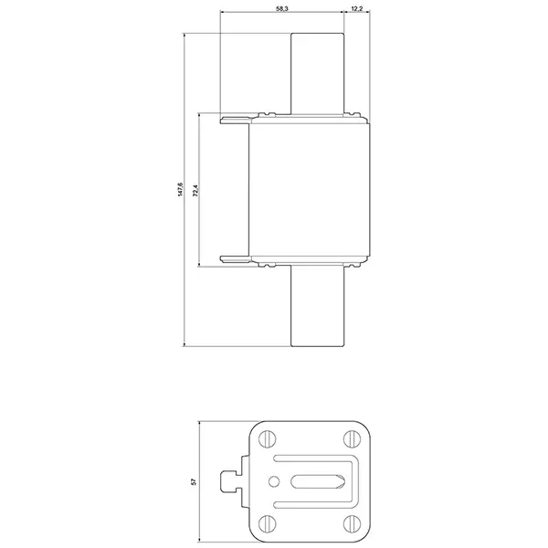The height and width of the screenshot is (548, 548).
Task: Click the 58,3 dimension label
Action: [282, 9]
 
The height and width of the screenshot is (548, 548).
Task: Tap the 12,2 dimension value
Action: [357, 9]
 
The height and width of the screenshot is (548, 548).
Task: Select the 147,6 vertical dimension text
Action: [180, 189]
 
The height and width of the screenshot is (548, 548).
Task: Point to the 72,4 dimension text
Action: [195, 191]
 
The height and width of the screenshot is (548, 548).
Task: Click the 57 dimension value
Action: [194, 481]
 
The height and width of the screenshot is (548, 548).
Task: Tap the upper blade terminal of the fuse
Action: [317, 73]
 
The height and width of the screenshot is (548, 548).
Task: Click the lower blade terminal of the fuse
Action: [317, 306]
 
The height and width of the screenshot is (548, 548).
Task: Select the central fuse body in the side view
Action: [310, 189]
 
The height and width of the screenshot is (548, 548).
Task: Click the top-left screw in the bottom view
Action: [268, 439]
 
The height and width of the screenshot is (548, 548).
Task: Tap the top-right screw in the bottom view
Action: [352, 439]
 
